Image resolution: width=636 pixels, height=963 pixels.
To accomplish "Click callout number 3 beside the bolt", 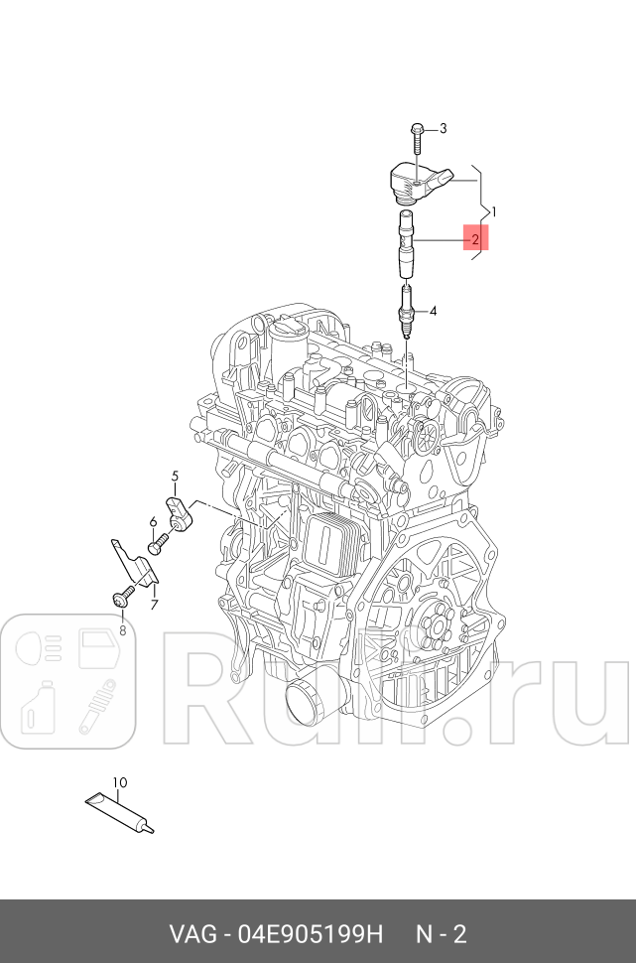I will pos(443,128).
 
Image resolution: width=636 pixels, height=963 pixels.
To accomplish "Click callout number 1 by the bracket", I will pos(493,211).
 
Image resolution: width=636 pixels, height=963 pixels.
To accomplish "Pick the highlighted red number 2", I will pos(476,239).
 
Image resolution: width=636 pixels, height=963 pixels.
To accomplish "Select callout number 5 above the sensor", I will pos(175,476).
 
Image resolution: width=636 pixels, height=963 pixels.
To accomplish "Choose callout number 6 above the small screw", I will pos(153,521).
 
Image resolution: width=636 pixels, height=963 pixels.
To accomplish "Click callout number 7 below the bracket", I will pos(155,605).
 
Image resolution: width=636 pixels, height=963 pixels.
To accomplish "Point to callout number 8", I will pos(122,629).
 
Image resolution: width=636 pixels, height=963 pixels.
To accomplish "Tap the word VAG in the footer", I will pos(188,935).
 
